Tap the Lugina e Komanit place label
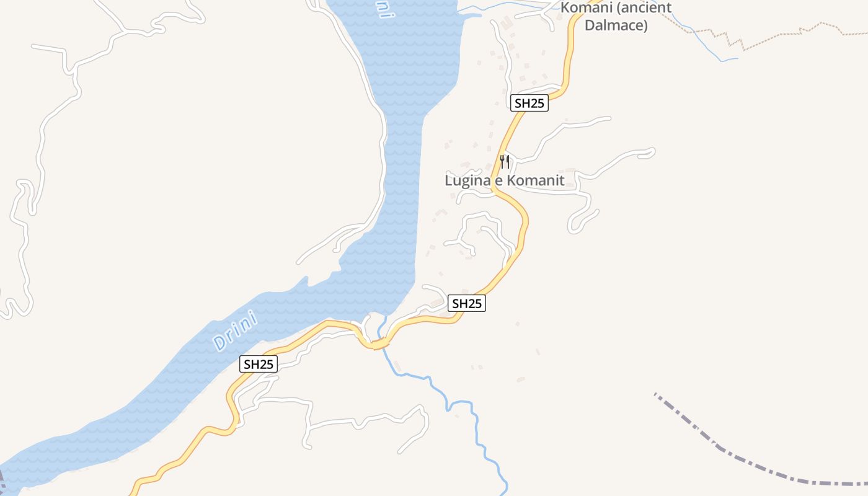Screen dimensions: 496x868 pos(505,180)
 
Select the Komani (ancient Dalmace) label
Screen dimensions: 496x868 pos(616,17)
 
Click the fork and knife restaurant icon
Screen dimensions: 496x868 pos(505,162)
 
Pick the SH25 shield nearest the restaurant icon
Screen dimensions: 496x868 pos(529,103)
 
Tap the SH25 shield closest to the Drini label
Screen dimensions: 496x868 pos(259,364)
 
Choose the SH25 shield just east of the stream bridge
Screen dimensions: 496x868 pos(466,303)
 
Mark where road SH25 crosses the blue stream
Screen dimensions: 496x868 pos(381,342)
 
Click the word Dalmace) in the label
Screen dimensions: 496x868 pos(616,25)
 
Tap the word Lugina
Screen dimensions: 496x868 pos(464,180)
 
